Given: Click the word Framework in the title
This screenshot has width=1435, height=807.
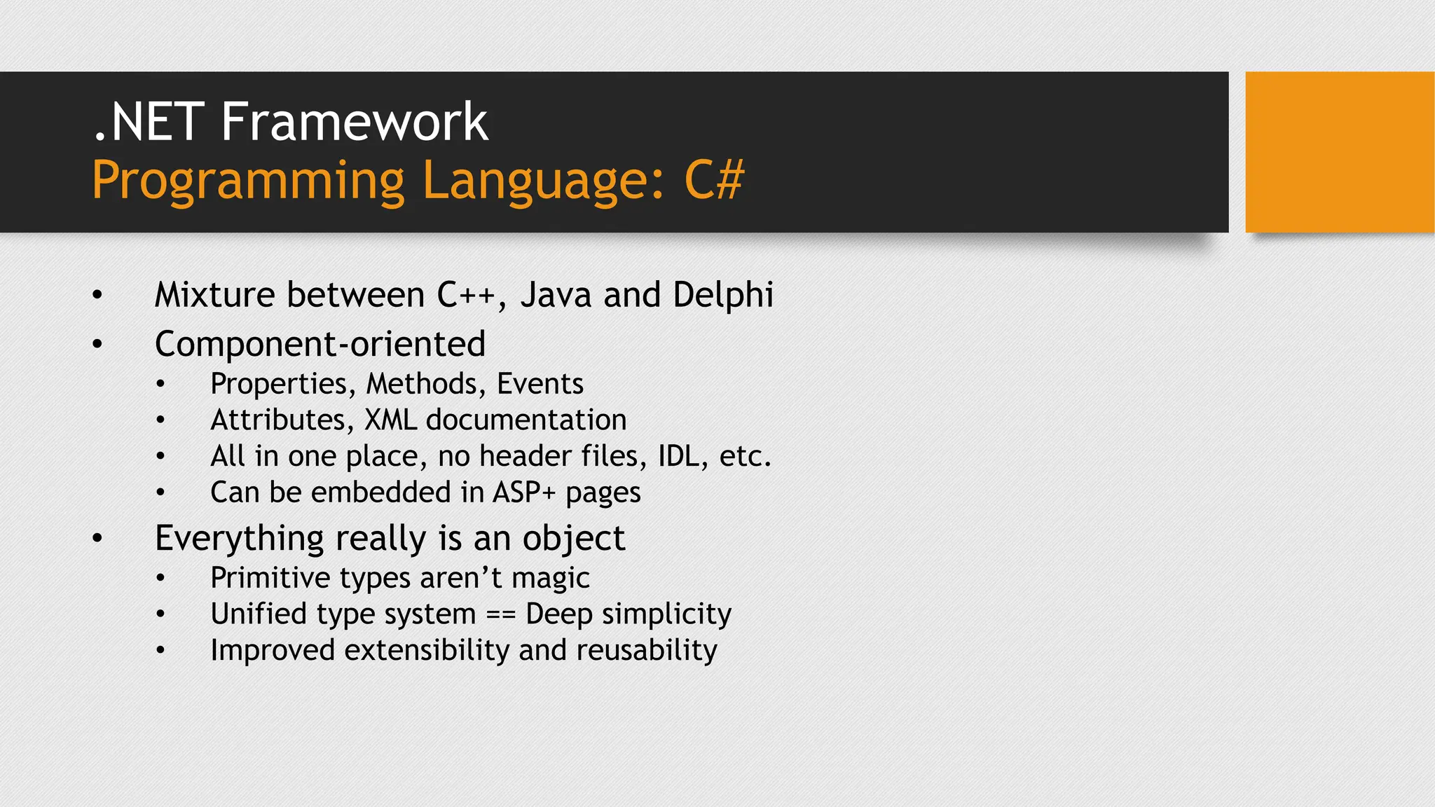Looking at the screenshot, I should tap(354, 122).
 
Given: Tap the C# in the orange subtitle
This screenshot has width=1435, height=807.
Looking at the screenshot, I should tap(713, 181).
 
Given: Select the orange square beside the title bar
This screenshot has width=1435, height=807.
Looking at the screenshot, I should tap(1339, 151).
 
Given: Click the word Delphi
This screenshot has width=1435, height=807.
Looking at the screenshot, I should tap(722, 295).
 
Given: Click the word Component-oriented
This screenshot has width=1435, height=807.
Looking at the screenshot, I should tap(320, 344).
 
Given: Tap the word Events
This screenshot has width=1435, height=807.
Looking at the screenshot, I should tap(540, 384).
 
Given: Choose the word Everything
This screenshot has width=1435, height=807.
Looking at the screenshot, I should tap(240, 539).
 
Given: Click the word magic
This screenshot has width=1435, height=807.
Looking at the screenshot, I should tap(550, 578).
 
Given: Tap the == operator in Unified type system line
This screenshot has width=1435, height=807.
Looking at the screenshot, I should tap(501, 614).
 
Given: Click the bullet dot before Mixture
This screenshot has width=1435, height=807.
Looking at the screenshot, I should tap(97, 295).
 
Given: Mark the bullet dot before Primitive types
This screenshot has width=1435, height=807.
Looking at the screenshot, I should tap(160, 578).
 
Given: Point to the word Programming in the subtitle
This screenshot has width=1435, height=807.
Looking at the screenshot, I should tap(248, 181).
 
